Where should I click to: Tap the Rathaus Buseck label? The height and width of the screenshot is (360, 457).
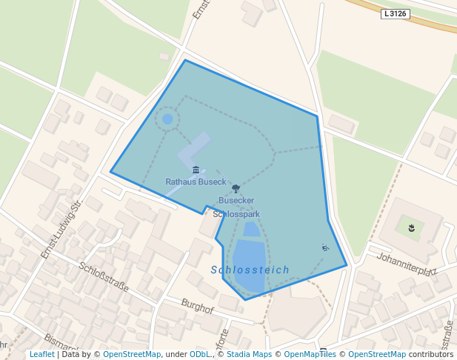point(196,181)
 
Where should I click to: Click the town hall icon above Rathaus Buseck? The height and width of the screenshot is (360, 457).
point(196,170)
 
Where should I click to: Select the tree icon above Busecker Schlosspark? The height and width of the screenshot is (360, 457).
point(236,189)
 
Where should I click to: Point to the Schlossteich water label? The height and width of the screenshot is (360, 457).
point(250,270)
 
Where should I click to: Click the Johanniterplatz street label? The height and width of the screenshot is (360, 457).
point(406,264)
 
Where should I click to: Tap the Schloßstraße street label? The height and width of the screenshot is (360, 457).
point(104,278)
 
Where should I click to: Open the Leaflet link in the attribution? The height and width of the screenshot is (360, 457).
point(41,355)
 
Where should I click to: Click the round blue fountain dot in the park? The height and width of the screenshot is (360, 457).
point(167,119)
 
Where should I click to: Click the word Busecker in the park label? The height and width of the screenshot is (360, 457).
point(236,201)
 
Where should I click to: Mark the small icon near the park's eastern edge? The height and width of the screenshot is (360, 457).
point(324,247)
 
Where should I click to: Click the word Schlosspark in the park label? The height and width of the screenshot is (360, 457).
point(236,214)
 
